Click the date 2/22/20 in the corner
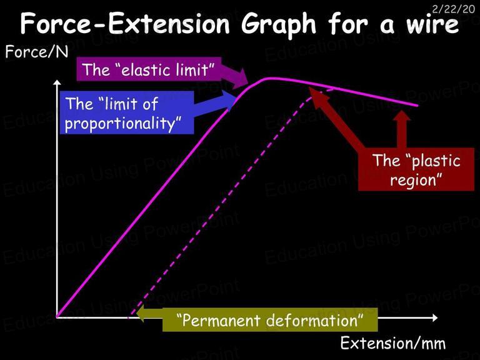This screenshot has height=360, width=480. (x=453, y=9)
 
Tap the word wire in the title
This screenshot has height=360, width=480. (x=432, y=24)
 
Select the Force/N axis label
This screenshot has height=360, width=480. (x=37, y=52)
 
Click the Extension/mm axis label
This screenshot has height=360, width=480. (x=393, y=343)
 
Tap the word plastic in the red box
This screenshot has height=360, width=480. (x=436, y=161)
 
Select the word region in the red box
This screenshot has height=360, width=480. (x=413, y=180)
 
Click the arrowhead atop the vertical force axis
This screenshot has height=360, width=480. (x=57, y=82)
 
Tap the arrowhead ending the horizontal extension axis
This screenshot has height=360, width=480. (x=435, y=317)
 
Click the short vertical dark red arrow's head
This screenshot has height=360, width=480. (x=402, y=116)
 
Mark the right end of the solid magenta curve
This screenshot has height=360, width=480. (x=417, y=106)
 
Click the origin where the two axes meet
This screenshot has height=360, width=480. (x=57, y=317)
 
